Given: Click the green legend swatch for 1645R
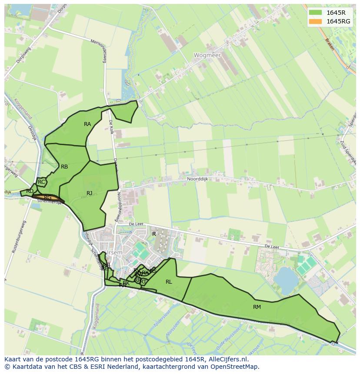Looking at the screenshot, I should pyautogui.click(x=316, y=13).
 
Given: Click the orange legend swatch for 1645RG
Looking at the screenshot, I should pyautogui.click(x=316, y=21).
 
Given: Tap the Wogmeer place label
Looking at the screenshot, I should pyautogui.click(x=207, y=56).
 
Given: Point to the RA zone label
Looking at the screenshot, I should pyautogui.click(x=87, y=124).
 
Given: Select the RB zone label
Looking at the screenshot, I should pyautogui.click(x=64, y=167).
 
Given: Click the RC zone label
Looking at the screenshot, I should pyautogui.click(x=41, y=182).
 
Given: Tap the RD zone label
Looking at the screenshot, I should pyautogui.click(x=30, y=191).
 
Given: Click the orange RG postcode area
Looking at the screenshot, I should pyautogui.click(x=48, y=198).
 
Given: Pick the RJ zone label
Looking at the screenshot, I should pyautogui.click(x=89, y=193).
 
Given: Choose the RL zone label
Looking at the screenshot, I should pyautogui.click(x=169, y=282).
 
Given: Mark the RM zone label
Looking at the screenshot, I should pyautogui.click(x=257, y=307).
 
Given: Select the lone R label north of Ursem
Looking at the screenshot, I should pyautogui.click(x=154, y=234).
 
